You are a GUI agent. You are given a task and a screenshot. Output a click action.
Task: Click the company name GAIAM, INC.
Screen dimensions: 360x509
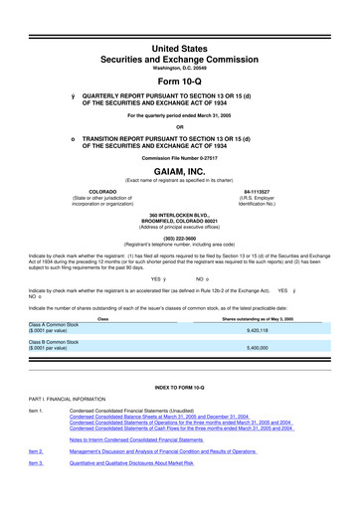[180, 171]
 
